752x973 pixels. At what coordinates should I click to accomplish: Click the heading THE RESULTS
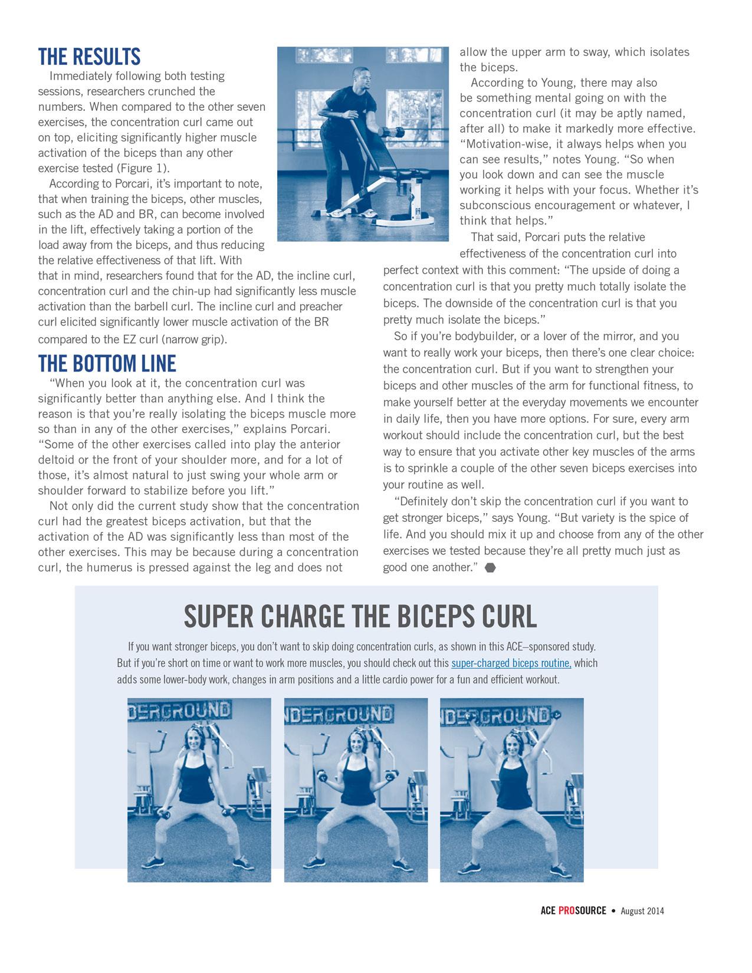point(89,57)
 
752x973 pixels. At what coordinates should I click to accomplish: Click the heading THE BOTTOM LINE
point(107,363)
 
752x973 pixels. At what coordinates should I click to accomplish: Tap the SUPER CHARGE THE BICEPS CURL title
point(360,617)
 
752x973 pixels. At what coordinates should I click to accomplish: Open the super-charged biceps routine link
point(511,663)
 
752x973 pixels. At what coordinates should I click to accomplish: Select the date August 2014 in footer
point(642,911)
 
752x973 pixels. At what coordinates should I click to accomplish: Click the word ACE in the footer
point(547,910)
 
